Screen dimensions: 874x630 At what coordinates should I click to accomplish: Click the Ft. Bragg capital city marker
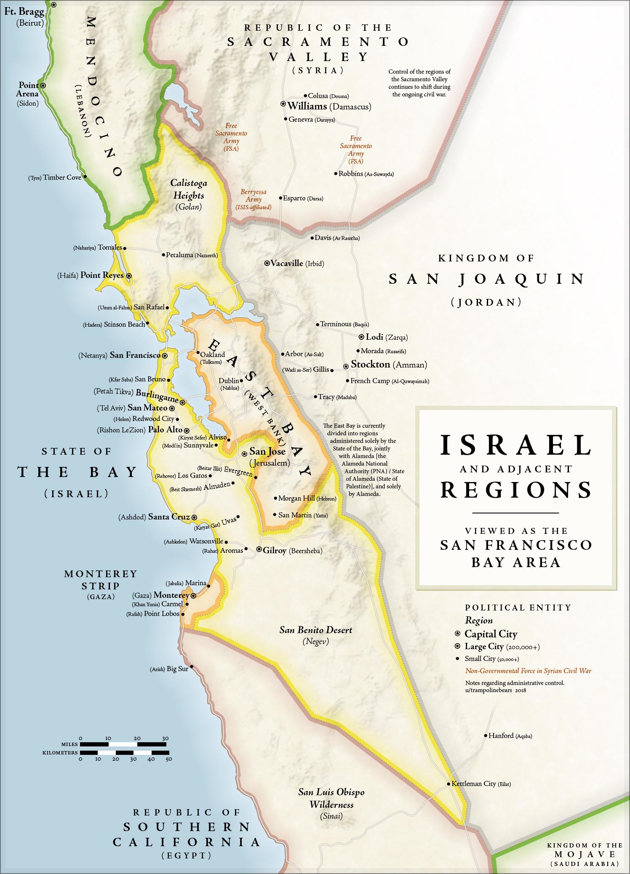point(53,5)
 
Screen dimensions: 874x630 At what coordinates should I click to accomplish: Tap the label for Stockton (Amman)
point(389,365)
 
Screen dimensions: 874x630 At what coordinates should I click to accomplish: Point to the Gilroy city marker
point(259,549)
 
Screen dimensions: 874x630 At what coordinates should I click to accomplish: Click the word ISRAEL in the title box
point(516,445)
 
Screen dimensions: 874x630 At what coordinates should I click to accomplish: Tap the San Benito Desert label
point(316,635)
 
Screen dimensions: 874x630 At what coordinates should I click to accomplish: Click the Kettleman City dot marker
point(448,784)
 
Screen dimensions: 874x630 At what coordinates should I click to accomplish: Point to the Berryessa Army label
point(254,199)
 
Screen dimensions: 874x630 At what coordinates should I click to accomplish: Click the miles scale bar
point(124,744)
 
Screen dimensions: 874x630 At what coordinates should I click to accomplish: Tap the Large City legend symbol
point(457,647)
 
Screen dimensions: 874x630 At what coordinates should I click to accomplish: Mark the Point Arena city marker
point(43,85)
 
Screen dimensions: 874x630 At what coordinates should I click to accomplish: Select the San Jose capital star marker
point(244,454)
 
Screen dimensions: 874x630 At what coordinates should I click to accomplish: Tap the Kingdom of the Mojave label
point(584,854)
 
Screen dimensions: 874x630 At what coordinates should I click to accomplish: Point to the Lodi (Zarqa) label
point(386,337)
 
